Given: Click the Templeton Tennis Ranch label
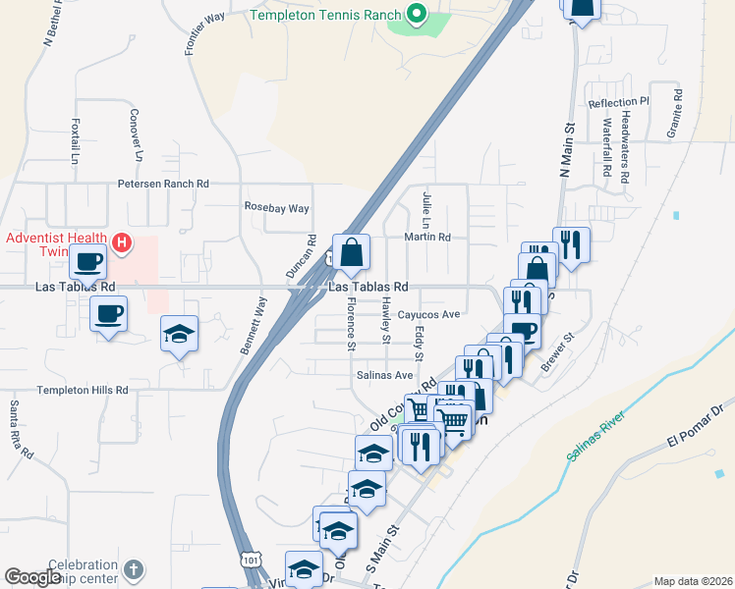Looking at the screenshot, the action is (326, 15).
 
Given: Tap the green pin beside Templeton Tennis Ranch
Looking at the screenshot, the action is (417, 14).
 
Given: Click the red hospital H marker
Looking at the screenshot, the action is (122, 241).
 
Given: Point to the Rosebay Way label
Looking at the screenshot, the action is (276, 208).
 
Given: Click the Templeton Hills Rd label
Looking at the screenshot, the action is (83, 390).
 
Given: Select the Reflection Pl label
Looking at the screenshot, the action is (618, 102).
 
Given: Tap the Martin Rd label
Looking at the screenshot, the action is (427, 237).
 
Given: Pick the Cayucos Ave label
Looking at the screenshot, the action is (429, 315).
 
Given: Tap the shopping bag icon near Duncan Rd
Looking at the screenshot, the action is (351, 253).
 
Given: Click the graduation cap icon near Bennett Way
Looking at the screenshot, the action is (179, 334).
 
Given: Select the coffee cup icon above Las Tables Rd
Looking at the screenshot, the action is (88, 261).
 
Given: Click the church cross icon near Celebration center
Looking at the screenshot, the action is (134, 569).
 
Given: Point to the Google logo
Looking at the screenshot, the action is (33, 577).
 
